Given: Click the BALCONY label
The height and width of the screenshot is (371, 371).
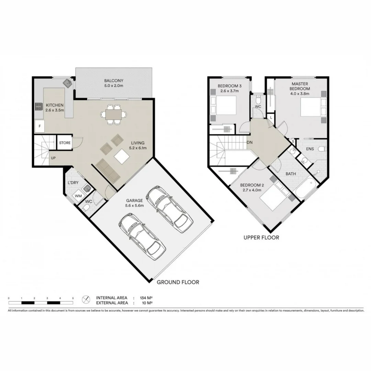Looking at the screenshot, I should tap(114, 81).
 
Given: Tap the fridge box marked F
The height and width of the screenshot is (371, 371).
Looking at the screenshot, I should tap(40, 126).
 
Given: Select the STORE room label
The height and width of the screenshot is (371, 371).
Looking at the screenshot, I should tap(65, 143).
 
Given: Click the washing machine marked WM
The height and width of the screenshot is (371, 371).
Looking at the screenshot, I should tap(78, 196).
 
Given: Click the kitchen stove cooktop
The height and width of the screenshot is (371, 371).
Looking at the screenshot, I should tap(37, 106).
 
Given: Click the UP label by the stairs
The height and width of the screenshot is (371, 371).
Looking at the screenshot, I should tap(53, 158).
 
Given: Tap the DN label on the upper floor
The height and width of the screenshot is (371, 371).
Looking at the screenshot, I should tap(250, 142).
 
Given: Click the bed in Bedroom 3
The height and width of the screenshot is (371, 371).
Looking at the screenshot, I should tap(223, 105).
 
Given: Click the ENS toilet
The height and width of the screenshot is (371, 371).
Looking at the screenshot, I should tap(322, 149).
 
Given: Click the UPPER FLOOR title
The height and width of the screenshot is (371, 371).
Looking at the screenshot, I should tap(261, 237).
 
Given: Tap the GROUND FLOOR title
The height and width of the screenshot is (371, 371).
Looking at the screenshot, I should tap(178, 282).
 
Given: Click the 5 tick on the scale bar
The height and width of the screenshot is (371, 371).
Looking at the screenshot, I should tap(73, 298).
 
